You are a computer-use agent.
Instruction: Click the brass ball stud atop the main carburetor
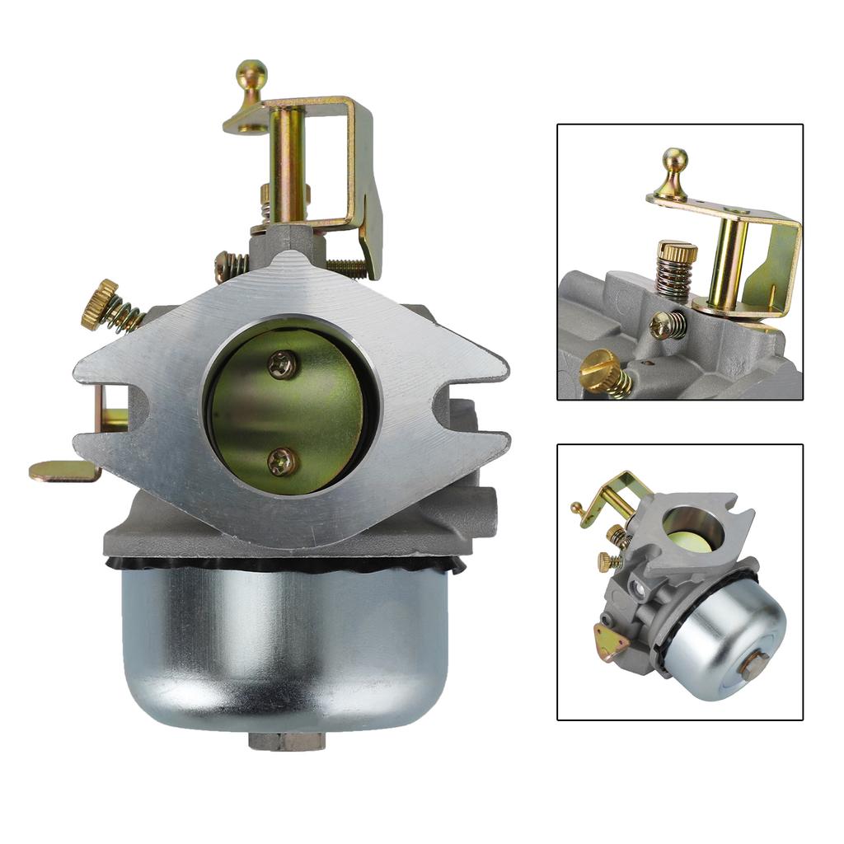(251, 73)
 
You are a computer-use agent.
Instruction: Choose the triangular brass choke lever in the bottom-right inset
(609, 642)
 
